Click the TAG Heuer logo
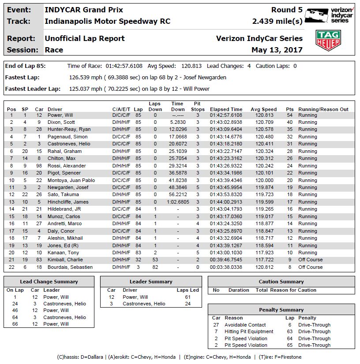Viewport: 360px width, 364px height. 328,41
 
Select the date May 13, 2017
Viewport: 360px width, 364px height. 277,50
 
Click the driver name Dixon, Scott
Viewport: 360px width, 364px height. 62,123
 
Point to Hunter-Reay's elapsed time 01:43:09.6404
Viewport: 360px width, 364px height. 226,130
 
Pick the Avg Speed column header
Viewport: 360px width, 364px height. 263,109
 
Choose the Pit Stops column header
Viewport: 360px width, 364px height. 198,107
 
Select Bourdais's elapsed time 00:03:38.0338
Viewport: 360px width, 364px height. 226,267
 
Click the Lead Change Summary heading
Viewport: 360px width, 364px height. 49,282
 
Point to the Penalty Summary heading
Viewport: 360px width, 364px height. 281,310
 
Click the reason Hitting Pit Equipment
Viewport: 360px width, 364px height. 249,331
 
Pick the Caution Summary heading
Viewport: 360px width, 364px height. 281,282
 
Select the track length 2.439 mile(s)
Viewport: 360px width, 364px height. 277,21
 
